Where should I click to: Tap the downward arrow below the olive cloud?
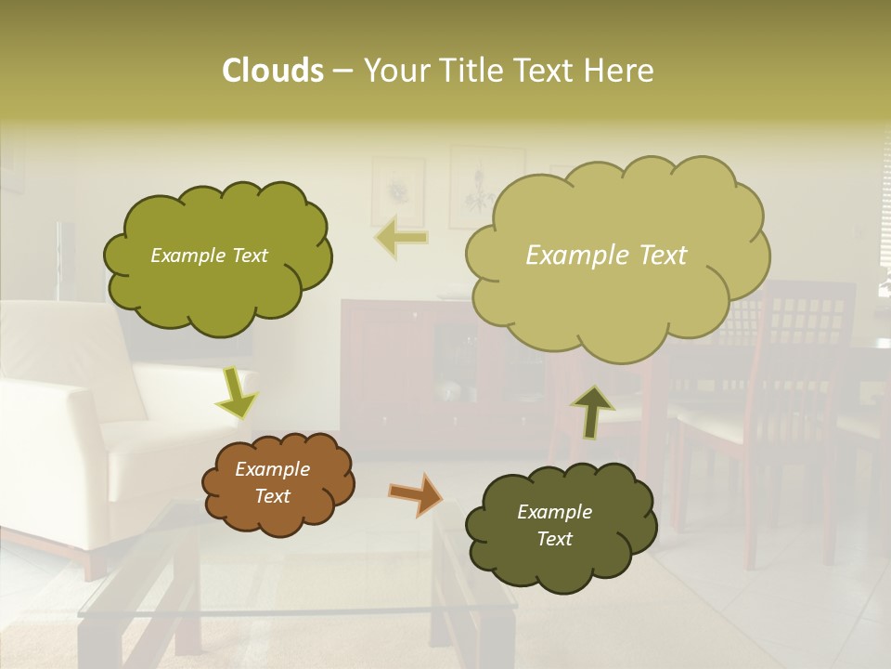(236, 394)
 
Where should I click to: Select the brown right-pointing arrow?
(416, 493)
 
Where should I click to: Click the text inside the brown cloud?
(273, 483)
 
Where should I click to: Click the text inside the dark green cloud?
(555, 525)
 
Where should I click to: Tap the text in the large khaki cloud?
(606, 256)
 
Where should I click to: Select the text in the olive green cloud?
(209, 256)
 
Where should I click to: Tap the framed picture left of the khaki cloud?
(397, 190)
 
